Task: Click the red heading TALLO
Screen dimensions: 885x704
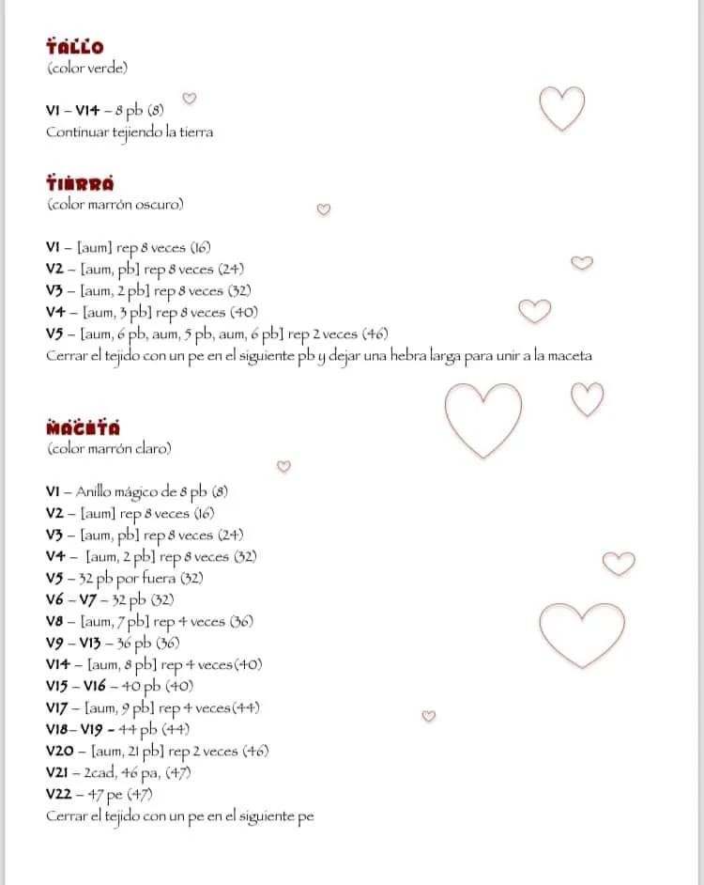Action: (75, 47)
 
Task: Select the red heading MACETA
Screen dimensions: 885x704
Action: (83, 428)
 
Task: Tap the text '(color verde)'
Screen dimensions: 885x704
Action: (87, 68)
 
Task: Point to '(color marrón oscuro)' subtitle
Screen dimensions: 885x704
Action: (115, 204)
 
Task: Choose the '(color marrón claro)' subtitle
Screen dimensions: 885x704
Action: (109, 449)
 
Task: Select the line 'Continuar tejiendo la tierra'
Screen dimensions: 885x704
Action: (130, 132)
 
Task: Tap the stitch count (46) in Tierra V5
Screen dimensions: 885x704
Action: (374, 334)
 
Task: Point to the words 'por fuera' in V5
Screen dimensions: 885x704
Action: (147, 578)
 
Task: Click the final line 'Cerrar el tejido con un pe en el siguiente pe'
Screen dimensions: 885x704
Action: (179, 816)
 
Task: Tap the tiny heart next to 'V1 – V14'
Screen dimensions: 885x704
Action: (189, 98)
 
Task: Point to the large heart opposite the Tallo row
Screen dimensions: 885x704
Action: (562, 108)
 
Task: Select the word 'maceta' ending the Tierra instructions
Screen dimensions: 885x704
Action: (567, 356)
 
